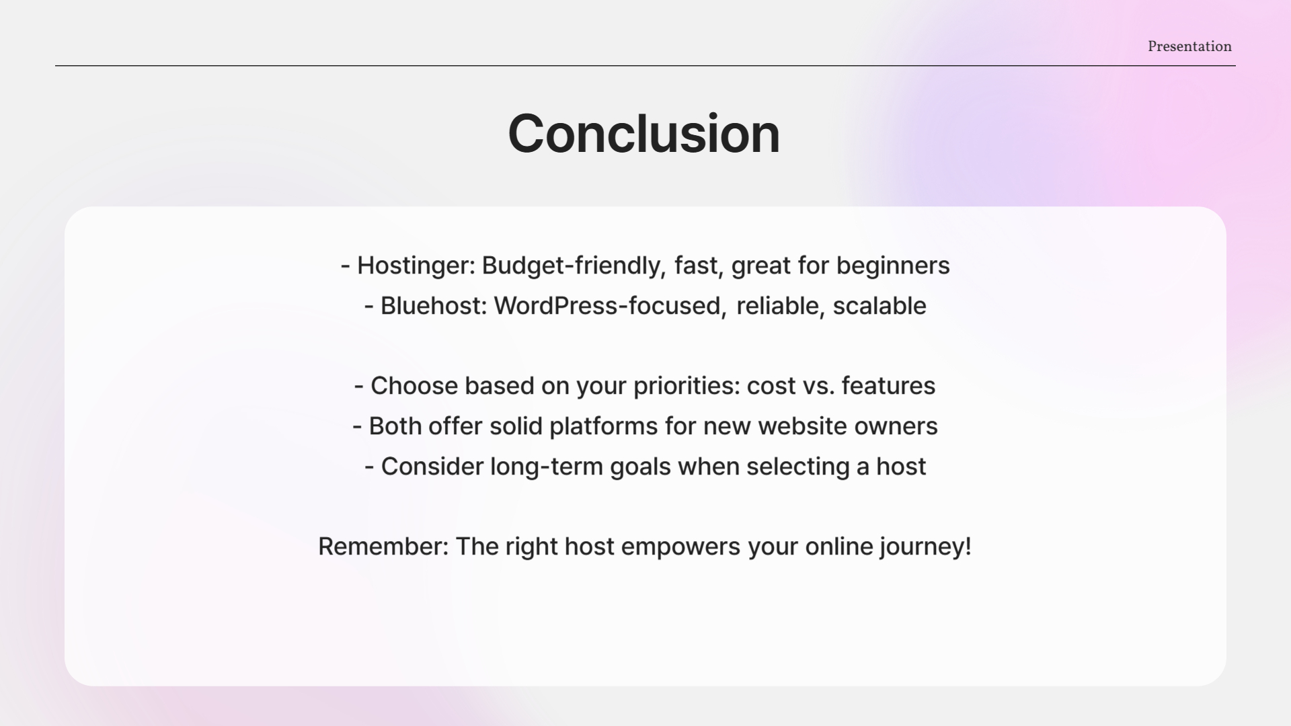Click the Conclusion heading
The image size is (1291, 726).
(644, 134)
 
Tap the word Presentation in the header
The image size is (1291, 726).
(1189, 46)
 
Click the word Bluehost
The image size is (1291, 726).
(434, 306)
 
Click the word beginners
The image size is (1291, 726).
(893, 266)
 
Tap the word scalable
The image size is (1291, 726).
(879, 306)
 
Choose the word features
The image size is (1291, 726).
(888, 386)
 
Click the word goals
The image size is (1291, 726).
(640, 467)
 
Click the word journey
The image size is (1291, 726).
(921, 547)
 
